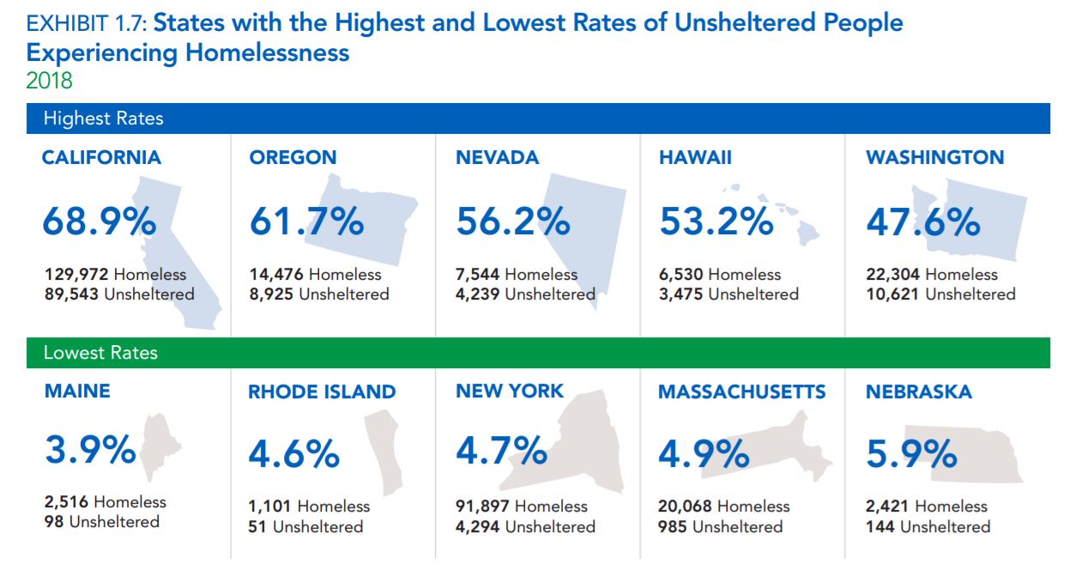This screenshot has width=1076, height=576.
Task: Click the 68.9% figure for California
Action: coord(100,221)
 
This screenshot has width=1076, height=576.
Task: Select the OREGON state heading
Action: coord(293,158)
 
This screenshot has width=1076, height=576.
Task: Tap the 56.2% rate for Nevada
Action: coord(513,221)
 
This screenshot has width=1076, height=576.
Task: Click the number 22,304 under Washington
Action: coord(893,275)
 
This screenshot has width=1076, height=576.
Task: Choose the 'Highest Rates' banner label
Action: coord(103,118)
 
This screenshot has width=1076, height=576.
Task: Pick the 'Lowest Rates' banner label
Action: coord(100,353)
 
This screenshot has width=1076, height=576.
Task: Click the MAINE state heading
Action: coord(77,391)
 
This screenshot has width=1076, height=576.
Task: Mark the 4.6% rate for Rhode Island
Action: coord(294,454)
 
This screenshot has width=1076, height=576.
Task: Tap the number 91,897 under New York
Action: coord(483,506)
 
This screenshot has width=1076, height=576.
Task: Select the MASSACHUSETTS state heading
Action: coord(741,392)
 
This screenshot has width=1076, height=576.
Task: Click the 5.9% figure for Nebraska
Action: coord(911,454)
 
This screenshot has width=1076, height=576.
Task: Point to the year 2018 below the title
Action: coord(49,81)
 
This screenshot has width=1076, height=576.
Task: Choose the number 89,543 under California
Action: coord(72,294)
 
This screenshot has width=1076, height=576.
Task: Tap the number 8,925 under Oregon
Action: coord(273,294)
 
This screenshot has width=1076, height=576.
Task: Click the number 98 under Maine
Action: coord(54,522)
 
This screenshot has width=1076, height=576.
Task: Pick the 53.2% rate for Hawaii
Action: coord(716,221)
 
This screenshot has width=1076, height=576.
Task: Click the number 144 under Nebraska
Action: coord(880,526)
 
